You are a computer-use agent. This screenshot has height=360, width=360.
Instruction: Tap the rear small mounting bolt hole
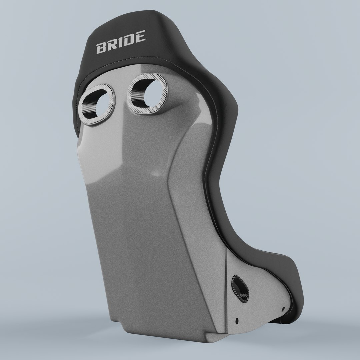(x=236, y=321)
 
